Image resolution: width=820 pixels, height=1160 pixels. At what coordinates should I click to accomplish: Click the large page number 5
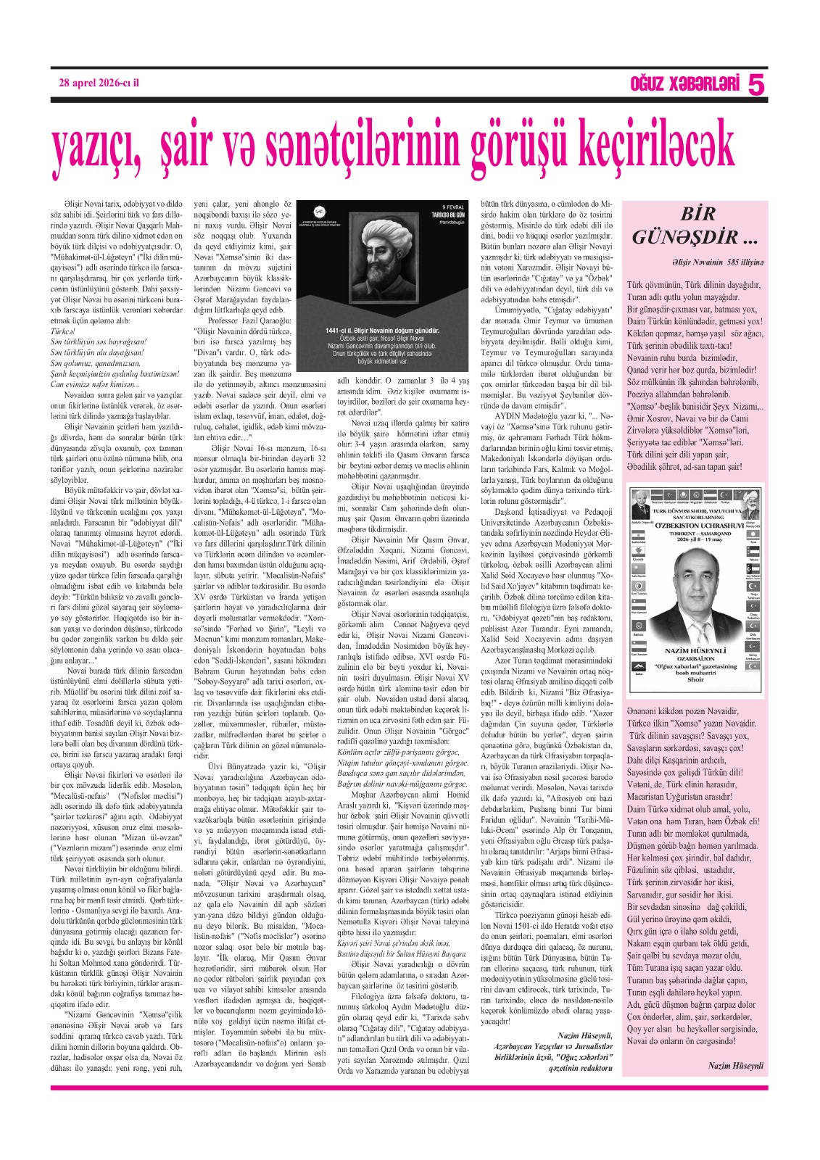point(755,86)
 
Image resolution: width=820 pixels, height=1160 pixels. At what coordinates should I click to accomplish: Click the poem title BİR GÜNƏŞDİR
point(686,225)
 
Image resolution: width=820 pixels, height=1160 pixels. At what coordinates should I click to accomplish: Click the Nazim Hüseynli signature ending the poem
point(735,1065)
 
